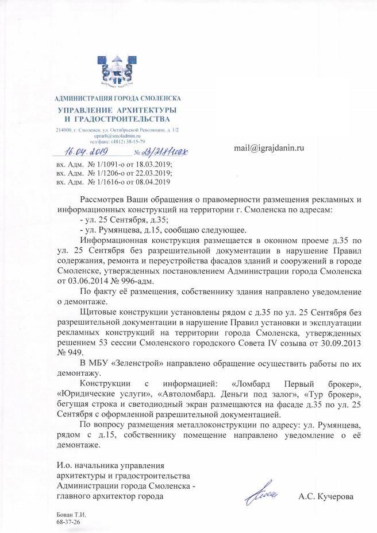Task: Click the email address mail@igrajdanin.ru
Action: point(268,148)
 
